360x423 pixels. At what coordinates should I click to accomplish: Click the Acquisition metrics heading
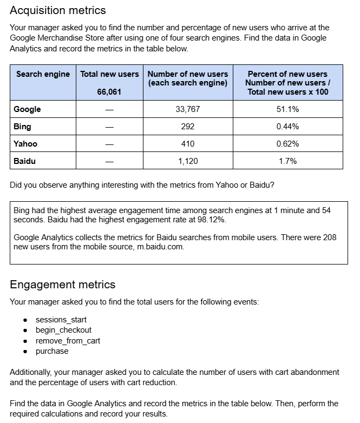coord(58,10)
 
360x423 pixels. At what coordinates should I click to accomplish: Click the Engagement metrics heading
coord(63,285)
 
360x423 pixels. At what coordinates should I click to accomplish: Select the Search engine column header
coord(43,74)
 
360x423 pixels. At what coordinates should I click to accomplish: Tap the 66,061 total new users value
coord(109,91)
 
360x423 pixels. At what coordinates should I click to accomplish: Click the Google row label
coord(27,109)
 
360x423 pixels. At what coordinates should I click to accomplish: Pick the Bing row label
coord(22,127)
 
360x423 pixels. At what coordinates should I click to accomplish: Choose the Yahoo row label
coord(25,144)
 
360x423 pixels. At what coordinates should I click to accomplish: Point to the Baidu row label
coord(25,161)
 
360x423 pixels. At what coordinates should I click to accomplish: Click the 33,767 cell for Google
coord(188,109)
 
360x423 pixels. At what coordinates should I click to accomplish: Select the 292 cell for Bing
coord(188,127)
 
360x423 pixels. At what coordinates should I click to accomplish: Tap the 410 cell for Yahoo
coord(188,144)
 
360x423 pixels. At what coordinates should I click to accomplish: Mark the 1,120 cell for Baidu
coord(188,161)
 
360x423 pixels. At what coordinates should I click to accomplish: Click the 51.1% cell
coord(287,109)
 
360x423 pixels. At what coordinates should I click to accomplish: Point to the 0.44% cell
coord(287,127)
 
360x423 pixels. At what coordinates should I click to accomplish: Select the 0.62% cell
coord(287,144)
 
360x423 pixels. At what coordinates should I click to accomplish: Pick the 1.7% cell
coord(287,161)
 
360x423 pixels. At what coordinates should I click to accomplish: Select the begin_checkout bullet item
coord(63,330)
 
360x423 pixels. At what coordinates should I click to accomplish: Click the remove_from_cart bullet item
coord(68,341)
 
